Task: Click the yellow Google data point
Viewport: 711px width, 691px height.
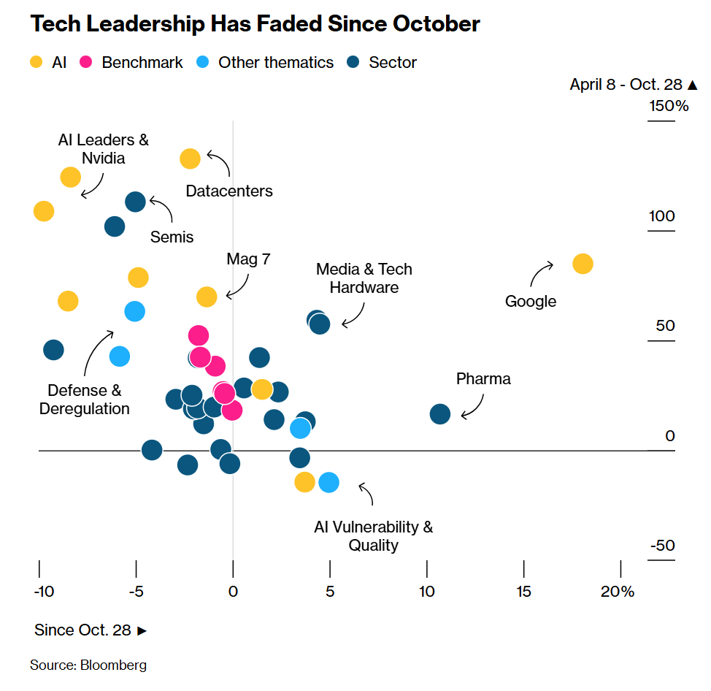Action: coord(582,264)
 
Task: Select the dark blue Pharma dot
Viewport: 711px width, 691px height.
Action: coord(439,414)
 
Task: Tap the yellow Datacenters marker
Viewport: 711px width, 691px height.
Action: coord(190,159)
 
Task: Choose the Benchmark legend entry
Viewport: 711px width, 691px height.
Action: coord(132,63)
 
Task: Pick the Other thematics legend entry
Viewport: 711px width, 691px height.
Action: coord(266,63)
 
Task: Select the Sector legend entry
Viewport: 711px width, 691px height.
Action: coord(383,63)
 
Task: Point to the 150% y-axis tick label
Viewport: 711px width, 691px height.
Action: coord(669,106)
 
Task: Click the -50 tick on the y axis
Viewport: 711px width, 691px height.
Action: coord(663,546)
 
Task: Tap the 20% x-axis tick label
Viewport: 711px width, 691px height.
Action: coord(618,591)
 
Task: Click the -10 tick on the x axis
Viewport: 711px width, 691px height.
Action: coord(43,591)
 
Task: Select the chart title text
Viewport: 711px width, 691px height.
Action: coord(255,24)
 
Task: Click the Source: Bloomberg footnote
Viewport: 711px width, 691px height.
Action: coord(88,665)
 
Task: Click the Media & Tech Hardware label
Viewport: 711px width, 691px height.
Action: coord(364,278)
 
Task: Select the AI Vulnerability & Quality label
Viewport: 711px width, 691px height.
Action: coord(373,535)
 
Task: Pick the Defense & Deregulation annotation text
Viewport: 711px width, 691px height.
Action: coord(85,400)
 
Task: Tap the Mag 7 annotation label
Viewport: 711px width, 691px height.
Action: coord(248,259)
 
